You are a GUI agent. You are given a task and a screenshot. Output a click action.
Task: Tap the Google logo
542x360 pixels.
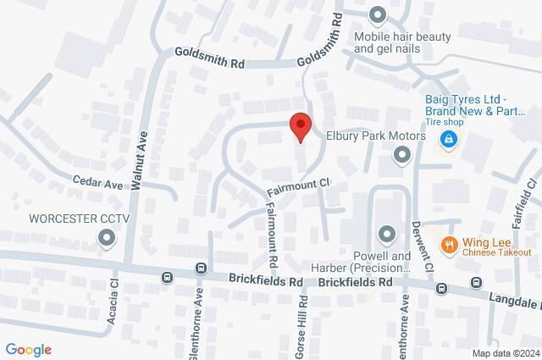(28, 350)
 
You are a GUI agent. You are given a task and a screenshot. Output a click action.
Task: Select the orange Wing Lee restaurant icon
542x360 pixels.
(449, 246)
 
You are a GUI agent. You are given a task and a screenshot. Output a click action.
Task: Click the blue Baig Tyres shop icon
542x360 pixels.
(451, 140)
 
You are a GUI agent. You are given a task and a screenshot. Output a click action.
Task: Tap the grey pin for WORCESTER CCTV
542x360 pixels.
(107, 239)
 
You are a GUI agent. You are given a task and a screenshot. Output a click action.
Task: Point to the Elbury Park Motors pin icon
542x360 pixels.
(402, 154)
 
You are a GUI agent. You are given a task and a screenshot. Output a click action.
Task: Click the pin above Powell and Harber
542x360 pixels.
(387, 233)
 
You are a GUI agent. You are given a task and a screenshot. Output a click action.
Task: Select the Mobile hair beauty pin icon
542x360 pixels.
(378, 15)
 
